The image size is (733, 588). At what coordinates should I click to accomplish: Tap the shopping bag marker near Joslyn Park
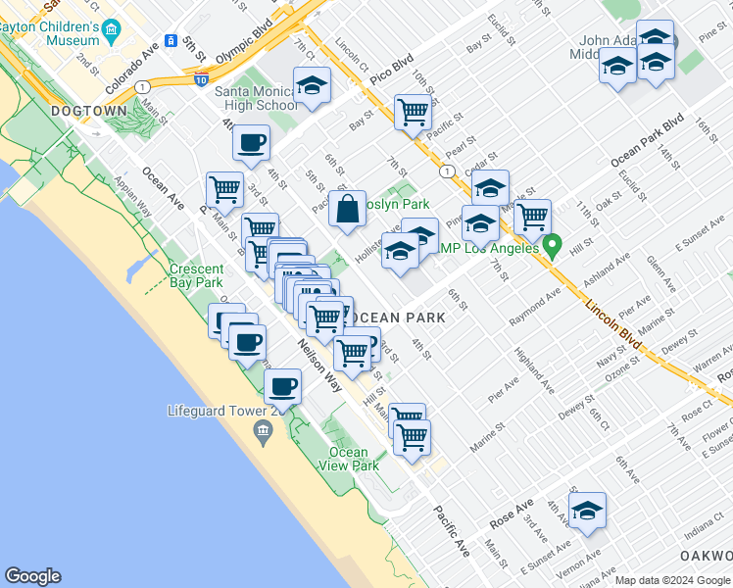click(x=348, y=209)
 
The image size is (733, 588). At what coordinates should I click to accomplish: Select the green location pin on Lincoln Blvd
click(x=553, y=245)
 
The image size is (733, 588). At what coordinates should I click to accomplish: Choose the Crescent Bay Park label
click(x=196, y=275)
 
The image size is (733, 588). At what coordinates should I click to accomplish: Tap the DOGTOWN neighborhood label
click(x=90, y=111)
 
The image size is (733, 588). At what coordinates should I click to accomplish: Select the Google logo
click(x=32, y=576)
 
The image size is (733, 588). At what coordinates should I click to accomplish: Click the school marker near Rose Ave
click(x=587, y=511)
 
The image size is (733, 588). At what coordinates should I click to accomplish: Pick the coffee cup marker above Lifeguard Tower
click(x=283, y=385)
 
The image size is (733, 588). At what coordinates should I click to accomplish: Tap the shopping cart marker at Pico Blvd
click(x=414, y=111)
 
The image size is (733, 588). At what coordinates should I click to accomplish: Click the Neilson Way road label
click(x=320, y=363)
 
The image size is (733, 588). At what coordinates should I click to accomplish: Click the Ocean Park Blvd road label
click(x=647, y=142)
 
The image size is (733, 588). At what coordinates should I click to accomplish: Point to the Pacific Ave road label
click(x=452, y=530)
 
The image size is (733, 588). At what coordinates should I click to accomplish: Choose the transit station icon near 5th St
click(x=171, y=42)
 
